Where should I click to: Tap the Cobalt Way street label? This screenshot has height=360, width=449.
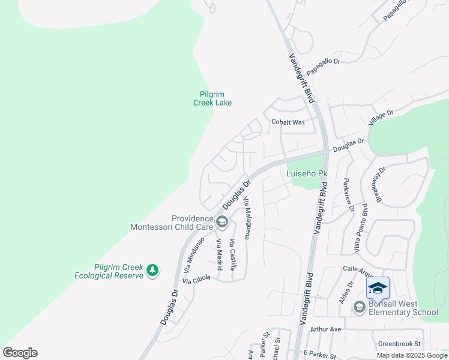[x=288, y=122]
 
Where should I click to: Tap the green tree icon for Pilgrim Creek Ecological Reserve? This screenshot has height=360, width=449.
[x=153, y=271]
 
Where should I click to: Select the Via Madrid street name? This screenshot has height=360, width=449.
[x=219, y=255]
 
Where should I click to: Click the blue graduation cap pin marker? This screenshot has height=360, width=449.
[x=378, y=288]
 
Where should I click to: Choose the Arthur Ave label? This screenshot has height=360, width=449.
[x=325, y=329]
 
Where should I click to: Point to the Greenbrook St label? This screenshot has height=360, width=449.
[x=400, y=344]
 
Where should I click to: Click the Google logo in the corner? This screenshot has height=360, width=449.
[x=20, y=353]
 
